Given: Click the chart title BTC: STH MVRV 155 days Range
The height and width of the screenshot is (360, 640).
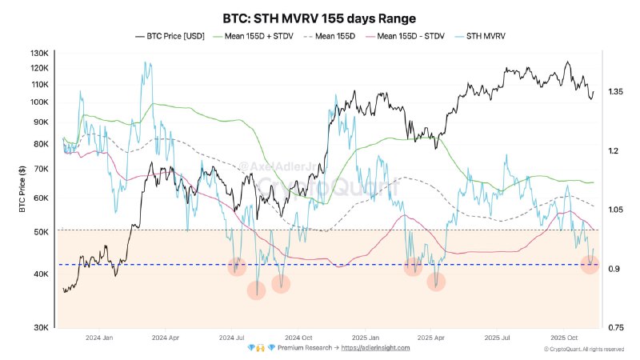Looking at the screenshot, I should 319,17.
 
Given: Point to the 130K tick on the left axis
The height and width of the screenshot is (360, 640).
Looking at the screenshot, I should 39,53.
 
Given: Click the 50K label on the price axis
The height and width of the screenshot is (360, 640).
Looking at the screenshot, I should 41,232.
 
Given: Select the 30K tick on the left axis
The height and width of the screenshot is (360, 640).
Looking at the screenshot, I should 41,327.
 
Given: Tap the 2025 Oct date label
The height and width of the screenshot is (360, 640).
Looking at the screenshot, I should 566,338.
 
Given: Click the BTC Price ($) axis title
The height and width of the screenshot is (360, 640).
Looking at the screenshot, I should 23,192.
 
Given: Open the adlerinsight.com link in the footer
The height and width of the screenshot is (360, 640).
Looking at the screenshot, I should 375,348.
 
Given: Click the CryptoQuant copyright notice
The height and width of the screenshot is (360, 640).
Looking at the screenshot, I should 583,349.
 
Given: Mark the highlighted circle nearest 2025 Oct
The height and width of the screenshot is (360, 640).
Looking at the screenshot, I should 590,264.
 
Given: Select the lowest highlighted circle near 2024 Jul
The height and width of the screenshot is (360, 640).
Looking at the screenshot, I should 256,290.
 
